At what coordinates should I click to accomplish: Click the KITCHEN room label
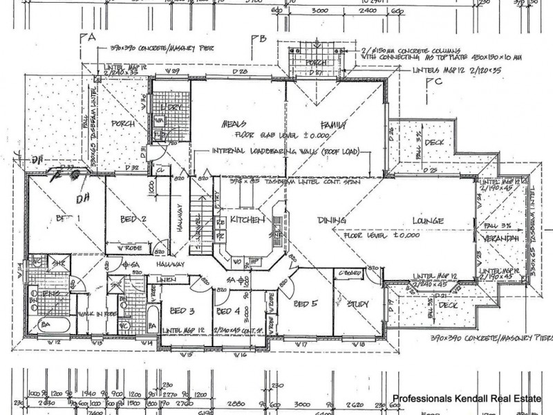(248, 220)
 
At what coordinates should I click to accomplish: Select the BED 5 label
(305, 304)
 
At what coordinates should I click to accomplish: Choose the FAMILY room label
(330, 124)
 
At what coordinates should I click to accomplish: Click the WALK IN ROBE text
(97, 313)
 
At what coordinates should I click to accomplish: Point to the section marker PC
(433, 82)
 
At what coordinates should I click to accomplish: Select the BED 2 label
(132, 220)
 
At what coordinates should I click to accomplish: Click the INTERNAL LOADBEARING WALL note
(276, 152)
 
